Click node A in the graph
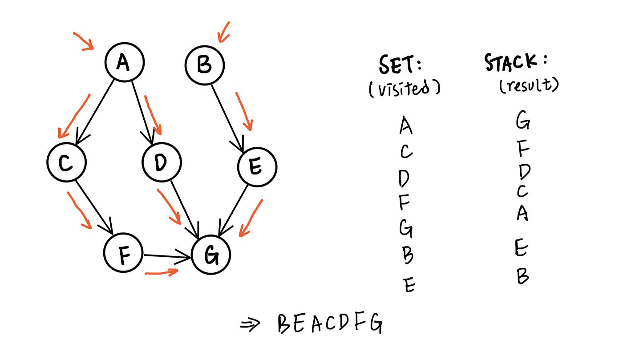click(124, 62)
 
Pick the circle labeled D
click(162, 162)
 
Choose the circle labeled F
click(123, 253)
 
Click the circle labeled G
click(211, 255)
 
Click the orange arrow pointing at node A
click(83, 40)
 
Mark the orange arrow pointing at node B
click(223, 32)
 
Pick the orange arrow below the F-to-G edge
click(161, 272)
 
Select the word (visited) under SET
click(404, 89)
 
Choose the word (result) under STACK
click(528, 85)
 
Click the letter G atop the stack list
click(523, 120)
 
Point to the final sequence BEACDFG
click(329, 324)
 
